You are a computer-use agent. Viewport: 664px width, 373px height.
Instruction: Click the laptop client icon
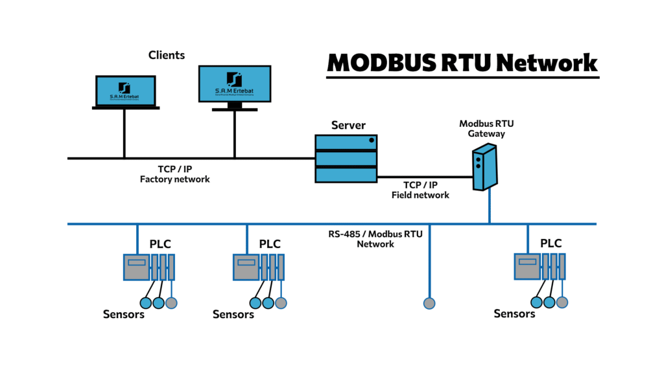pos(125,91)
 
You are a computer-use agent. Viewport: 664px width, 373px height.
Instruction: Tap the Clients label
pos(167,55)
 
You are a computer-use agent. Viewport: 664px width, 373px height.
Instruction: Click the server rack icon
pos(346,159)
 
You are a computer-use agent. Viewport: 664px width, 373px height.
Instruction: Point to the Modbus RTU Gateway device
pos(484,168)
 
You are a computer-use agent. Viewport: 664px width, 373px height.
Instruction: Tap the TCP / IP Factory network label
pos(175,174)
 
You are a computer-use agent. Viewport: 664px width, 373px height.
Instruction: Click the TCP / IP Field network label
pos(420,189)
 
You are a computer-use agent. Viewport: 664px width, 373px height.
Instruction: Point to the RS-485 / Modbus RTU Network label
pos(375,238)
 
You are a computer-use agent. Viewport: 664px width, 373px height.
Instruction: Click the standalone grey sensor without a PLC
pos(429,302)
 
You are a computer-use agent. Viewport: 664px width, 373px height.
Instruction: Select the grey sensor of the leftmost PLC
pos(171,302)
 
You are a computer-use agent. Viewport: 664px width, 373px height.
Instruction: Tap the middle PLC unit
pos(259,266)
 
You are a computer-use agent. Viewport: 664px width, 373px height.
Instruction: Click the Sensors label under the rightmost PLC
pos(514,313)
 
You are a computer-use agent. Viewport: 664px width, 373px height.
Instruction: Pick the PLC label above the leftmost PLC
pos(160,244)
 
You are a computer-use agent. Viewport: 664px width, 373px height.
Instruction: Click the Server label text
pos(348,125)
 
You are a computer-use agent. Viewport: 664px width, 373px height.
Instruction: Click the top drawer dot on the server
pos(372,141)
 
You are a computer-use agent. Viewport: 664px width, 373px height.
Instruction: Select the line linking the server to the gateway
pos(424,176)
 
